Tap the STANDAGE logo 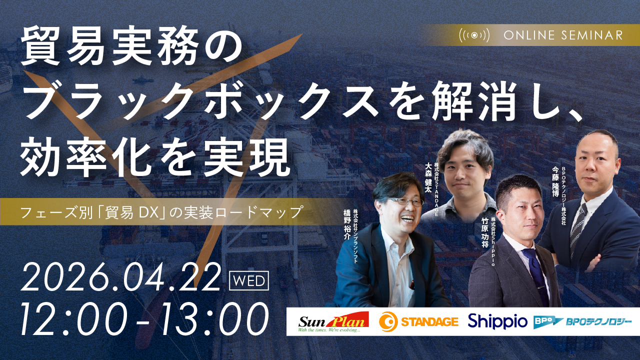[418, 321]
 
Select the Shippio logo [497, 321]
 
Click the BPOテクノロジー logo [582, 321]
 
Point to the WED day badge [248, 280]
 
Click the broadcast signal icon [474, 35]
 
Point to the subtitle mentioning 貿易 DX [161, 212]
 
